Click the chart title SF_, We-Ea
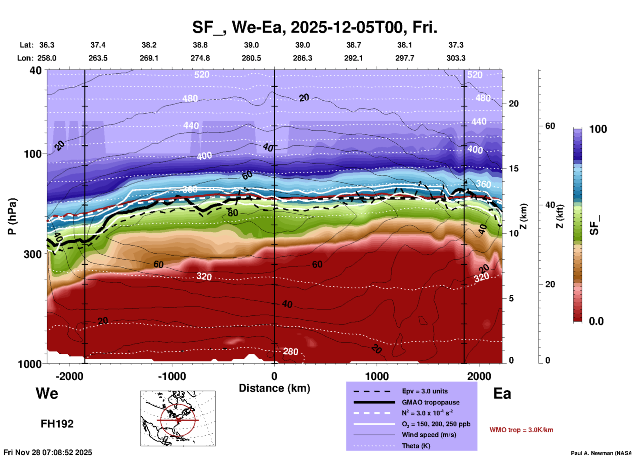pos(314,27)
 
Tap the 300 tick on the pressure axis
pos(33,254)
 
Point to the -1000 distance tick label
pos(172,376)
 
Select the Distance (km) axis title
pos(274,388)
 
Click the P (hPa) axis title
pos(12,216)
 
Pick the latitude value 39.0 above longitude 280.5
pos(251,45)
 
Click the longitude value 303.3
pos(456,58)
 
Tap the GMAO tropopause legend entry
pos(431,402)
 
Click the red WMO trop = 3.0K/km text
pos(521,430)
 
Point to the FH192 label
pos(57,424)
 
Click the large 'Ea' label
pos(502,394)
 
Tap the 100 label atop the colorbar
pos(598,129)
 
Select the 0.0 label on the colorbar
pos(596,321)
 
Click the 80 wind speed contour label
pos(233,213)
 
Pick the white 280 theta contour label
pos(290,352)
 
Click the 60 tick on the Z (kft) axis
pos(550,126)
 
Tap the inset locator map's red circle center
pos(178,420)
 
